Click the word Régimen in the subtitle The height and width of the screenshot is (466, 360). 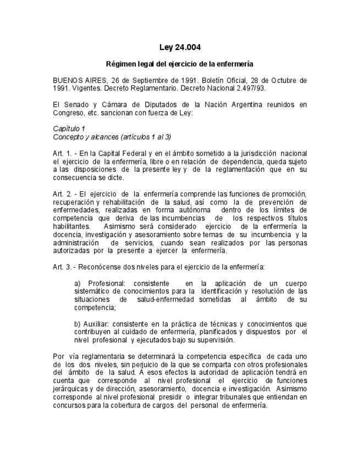120,64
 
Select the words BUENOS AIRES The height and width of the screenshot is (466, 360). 75,80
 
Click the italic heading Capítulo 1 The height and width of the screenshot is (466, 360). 69,127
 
